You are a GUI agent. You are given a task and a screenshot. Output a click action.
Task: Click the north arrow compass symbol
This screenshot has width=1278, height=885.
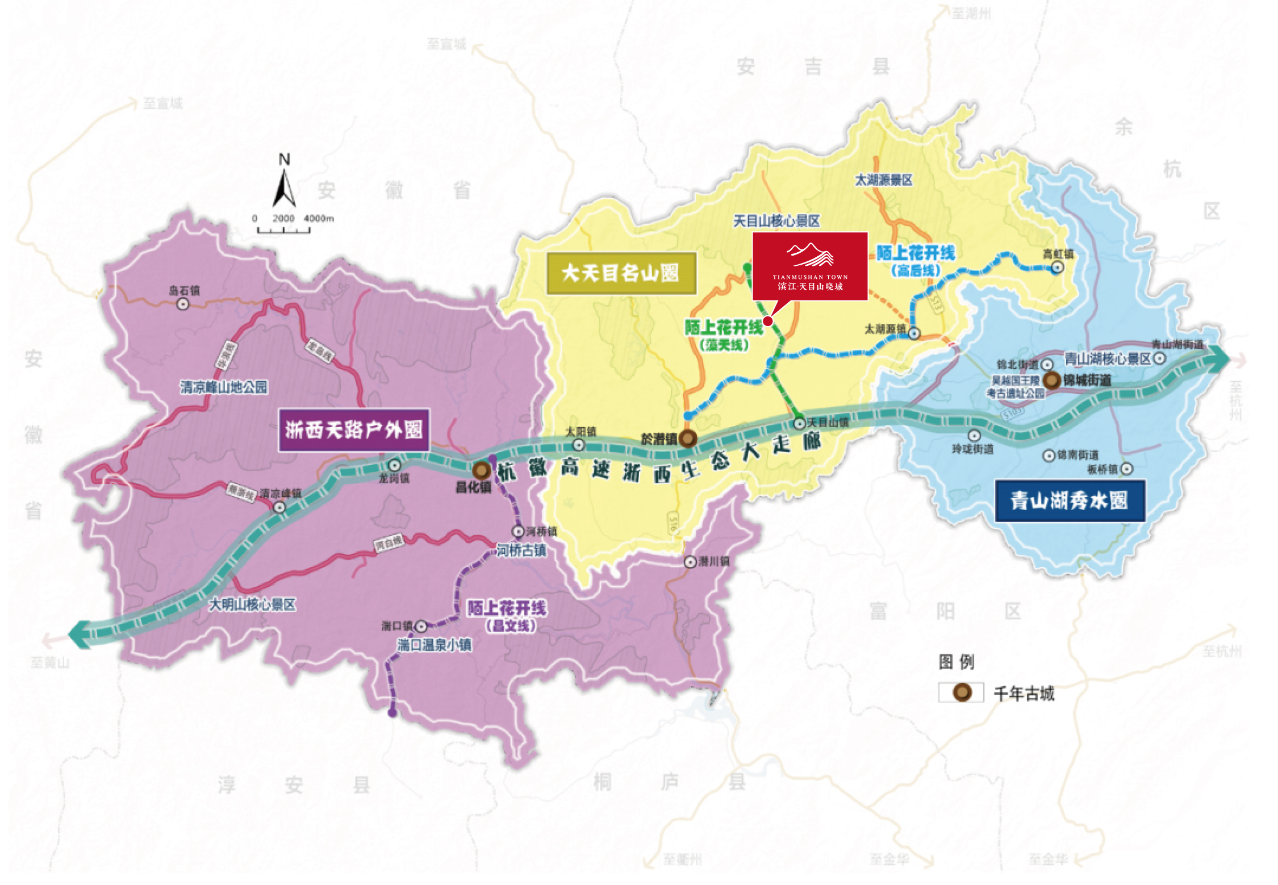[x=284, y=187]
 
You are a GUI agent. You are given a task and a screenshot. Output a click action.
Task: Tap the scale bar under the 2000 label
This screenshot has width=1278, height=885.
[x=283, y=230]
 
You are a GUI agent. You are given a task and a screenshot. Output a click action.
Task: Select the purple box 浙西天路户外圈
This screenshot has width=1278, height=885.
[x=353, y=430]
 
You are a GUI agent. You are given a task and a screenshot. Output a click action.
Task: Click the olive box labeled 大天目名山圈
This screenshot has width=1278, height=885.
[x=621, y=273]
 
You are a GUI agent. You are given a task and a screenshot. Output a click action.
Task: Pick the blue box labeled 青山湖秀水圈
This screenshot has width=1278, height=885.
[x=1070, y=500]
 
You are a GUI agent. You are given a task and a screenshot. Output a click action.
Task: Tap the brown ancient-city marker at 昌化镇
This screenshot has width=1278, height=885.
[x=482, y=470]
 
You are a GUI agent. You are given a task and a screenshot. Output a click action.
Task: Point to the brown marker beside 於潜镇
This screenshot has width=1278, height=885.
[x=688, y=438]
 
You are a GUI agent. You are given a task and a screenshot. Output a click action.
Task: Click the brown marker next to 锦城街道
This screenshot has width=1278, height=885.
[x=1051, y=380]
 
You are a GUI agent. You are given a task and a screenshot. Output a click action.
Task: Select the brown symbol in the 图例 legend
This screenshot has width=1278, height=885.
[x=962, y=692]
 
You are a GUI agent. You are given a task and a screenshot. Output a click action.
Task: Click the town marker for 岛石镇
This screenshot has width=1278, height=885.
[x=183, y=304]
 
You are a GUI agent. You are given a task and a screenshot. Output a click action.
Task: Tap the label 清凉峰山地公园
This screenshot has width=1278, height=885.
[x=224, y=387]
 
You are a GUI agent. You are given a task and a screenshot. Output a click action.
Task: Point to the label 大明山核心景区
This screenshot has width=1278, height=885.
[x=252, y=604]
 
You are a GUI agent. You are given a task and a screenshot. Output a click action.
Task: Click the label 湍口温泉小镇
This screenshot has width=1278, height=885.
[x=434, y=645]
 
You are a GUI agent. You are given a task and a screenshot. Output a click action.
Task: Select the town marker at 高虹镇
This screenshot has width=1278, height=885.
[x=1057, y=268]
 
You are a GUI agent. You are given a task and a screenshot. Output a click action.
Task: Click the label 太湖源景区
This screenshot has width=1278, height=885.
[x=883, y=180]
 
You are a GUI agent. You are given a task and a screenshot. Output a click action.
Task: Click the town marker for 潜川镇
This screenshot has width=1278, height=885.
[x=690, y=562]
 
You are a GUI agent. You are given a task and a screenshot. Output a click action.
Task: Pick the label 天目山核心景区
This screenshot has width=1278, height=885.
[x=776, y=221]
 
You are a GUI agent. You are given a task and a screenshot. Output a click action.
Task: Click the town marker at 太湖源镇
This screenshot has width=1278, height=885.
[x=914, y=333]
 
